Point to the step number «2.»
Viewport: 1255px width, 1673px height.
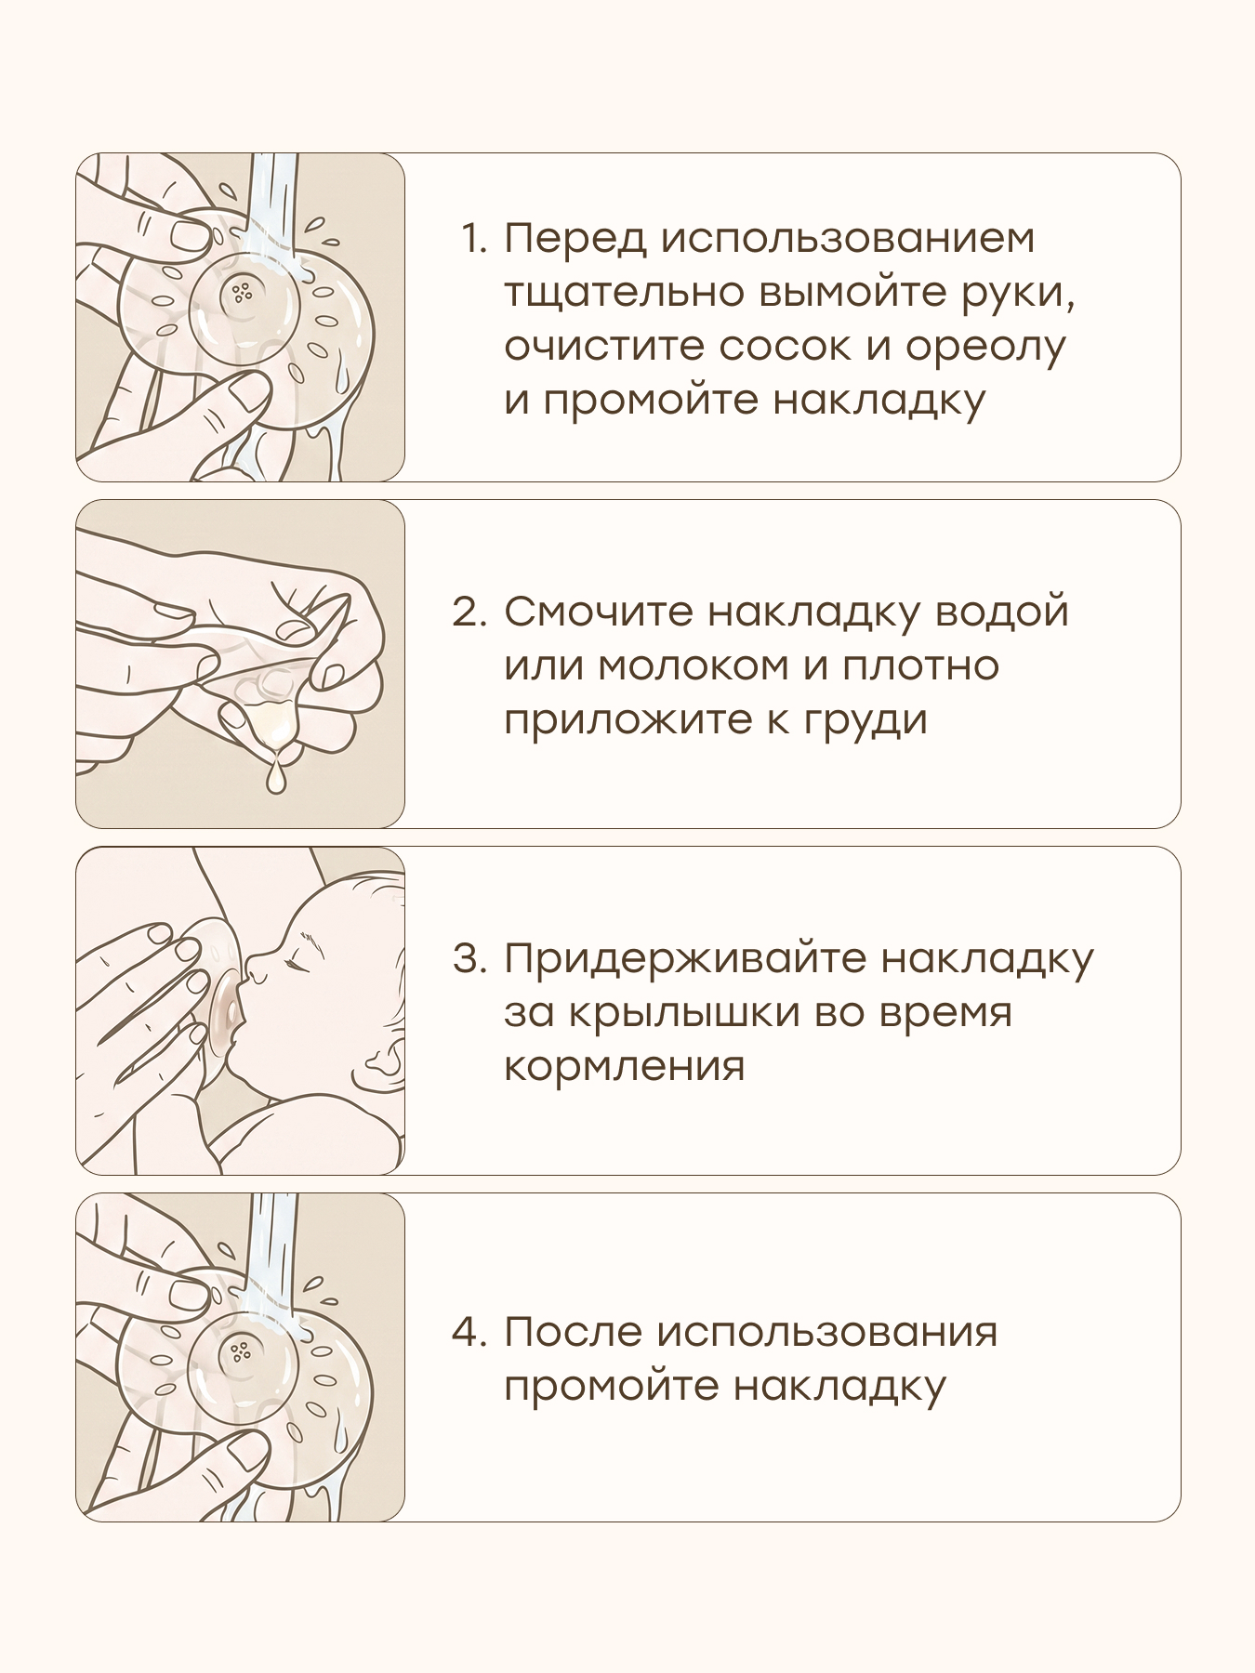pyautogui.click(x=469, y=613)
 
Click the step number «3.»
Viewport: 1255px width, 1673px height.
pyautogui.click(x=469, y=959)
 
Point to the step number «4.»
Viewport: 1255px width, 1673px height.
pyautogui.click(x=469, y=1332)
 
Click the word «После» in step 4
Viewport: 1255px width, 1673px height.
pyautogui.click(x=573, y=1332)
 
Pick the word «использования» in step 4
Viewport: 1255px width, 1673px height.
pyautogui.click(x=827, y=1333)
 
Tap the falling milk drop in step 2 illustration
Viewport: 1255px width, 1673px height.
pyautogui.click(x=275, y=777)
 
